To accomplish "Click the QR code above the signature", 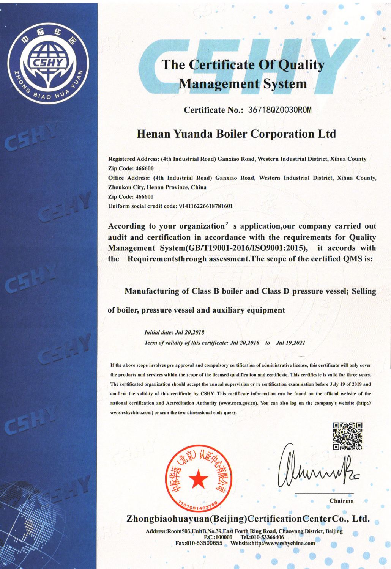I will coord(347,436).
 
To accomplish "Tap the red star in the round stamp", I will coord(198,479).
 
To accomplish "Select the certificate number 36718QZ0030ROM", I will coord(279,110).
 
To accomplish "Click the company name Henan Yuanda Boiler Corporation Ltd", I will coord(236,134).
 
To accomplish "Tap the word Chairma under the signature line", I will coord(341,501).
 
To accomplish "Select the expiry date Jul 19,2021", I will coord(290,343).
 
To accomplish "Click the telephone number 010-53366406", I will coord(268,537).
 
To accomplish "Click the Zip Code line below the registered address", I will coord(131,168).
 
